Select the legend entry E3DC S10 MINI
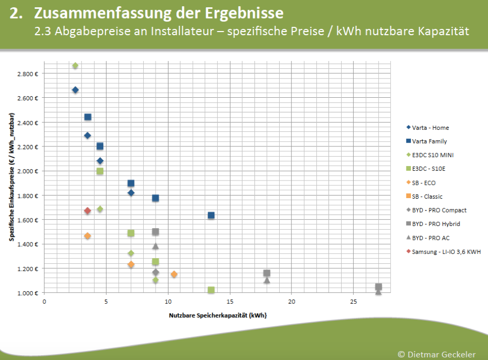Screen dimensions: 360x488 (x=433, y=155)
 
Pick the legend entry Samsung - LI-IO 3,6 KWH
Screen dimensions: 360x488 (x=446, y=252)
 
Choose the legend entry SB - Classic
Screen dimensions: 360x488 (x=427, y=197)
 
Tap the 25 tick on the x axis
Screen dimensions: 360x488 (x=353, y=301)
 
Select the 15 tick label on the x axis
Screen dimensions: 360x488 (x=230, y=301)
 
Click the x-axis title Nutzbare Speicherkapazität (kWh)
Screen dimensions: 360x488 (x=217, y=314)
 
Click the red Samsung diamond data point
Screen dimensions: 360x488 (x=87, y=211)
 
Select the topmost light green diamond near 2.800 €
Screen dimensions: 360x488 (x=75, y=66)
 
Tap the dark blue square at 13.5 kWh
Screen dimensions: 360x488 (x=211, y=215)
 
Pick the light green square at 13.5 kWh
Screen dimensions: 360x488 (x=211, y=290)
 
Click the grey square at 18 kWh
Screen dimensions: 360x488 (x=267, y=273)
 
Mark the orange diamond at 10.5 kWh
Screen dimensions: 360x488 (x=174, y=274)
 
